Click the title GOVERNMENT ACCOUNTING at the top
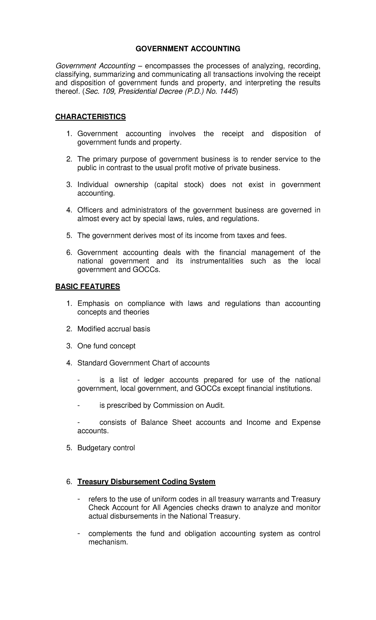pos(188,49)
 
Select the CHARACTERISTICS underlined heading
pos(91,117)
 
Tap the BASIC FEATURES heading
pos(88,286)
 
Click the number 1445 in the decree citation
pos(227,91)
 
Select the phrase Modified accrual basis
pos(114,329)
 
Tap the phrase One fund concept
pos(107,346)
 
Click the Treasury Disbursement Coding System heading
pos(146,482)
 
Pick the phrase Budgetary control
pos(106,448)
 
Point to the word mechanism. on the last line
pos(108,542)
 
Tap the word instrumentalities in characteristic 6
pos(217,261)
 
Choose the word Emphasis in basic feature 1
pos(93,303)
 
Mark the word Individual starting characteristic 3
pos(93,184)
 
